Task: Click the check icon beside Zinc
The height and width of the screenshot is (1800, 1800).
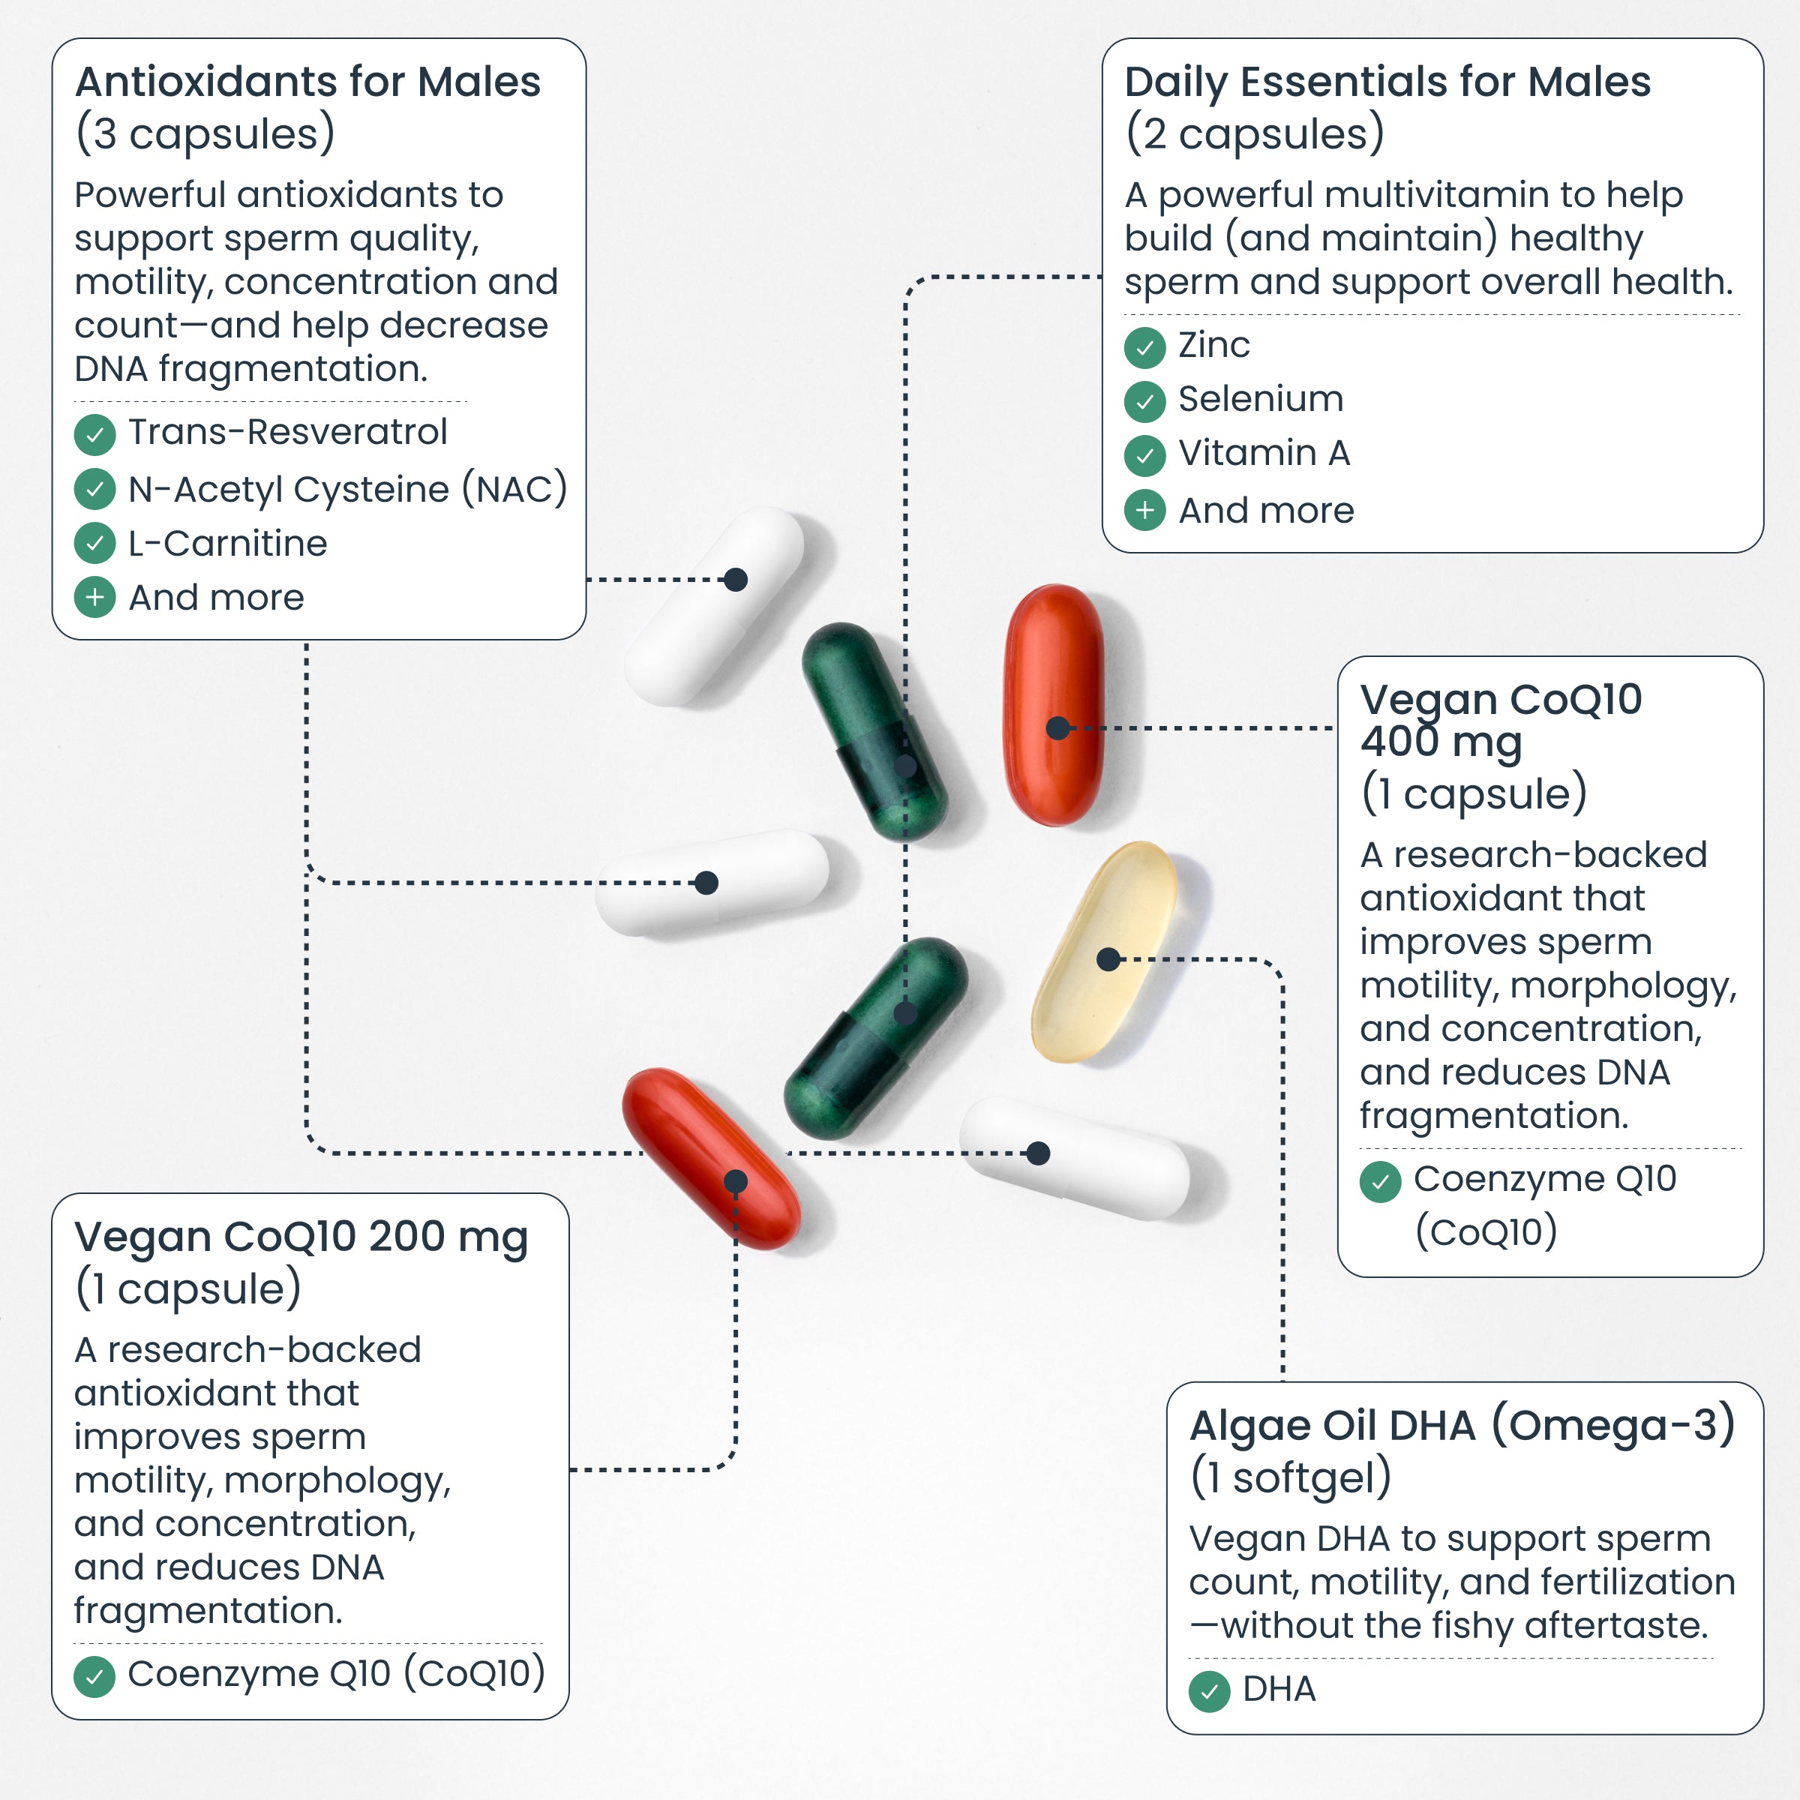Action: pyautogui.click(x=1144, y=347)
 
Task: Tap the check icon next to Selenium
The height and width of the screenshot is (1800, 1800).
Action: pyautogui.click(x=1144, y=401)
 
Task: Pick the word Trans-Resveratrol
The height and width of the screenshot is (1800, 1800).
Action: pyautogui.click(x=287, y=432)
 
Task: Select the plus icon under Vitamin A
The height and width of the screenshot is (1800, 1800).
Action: pyautogui.click(x=1144, y=511)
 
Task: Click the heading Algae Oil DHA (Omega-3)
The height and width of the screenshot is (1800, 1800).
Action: pyautogui.click(x=1462, y=1426)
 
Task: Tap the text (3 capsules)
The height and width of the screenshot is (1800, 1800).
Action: pyautogui.click(x=205, y=133)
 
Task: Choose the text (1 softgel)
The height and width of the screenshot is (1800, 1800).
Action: pyautogui.click(x=1290, y=1477)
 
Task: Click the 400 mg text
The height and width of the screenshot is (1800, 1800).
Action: pyautogui.click(x=1440, y=742)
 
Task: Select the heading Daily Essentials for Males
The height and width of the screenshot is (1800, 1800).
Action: pyautogui.click(x=1387, y=82)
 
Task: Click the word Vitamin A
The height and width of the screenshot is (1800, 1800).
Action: pyautogui.click(x=1263, y=454)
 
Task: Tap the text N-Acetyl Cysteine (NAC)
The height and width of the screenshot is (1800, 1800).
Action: pyautogui.click(x=347, y=489)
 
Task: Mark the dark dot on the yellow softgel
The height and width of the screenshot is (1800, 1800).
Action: pyautogui.click(x=1108, y=958)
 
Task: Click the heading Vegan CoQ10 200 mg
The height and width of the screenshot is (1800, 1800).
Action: pyautogui.click(x=301, y=1237)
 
